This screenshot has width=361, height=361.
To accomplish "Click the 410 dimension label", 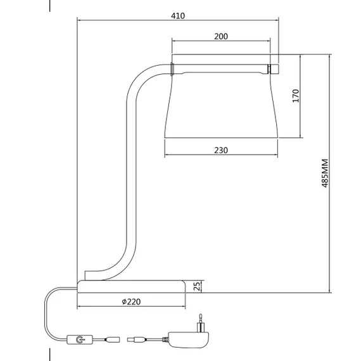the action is pyautogui.click(x=178, y=16).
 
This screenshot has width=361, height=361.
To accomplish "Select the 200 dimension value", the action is pyautogui.click(x=221, y=36).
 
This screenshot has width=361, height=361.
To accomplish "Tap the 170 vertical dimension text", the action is pyautogui.click(x=295, y=96).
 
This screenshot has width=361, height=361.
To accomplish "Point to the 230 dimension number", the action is pyautogui.click(x=221, y=150).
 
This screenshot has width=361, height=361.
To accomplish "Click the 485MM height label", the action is pyautogui.click(x=325, y=173).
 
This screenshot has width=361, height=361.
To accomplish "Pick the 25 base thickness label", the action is pyautogui.click(x=197, y=286).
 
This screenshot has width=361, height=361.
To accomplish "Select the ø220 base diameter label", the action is pyautogui.click(x=131, y=301).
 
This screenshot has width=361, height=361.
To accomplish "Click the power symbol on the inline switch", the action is pyautogui.click(x=79, y=339).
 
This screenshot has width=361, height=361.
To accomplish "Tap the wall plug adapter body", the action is pyautogui.click(x=189, y=339).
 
